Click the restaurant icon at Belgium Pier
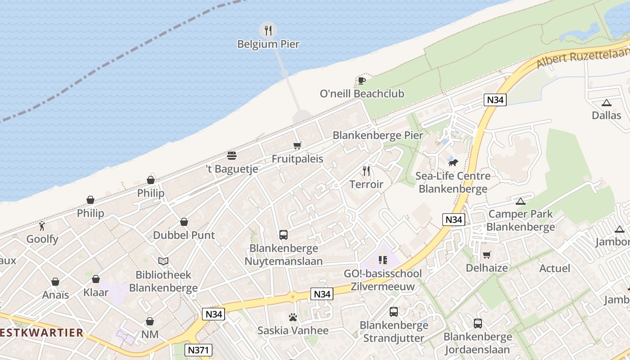coord(268,30)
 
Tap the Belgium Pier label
coord(268,44)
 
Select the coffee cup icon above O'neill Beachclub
coord(361,81)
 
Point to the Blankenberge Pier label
coord(378,135)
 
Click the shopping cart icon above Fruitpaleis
coord(297,145)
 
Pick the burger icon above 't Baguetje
coord(232,156)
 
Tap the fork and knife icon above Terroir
coord(366,171)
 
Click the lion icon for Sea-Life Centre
coord(453,162)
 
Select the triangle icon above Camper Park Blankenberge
coord(521,201)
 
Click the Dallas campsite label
coord(606,115)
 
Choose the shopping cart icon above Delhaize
coord(486,255)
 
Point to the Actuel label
coord(554,269)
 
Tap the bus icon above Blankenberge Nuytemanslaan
coord(283,234)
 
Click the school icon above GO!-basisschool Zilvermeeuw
coord(382,260)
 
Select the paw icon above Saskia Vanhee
coord(293,317)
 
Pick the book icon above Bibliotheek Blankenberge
coord(163,261)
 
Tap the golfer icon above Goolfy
coord(42,225)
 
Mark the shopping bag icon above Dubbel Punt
coord(184,222)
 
